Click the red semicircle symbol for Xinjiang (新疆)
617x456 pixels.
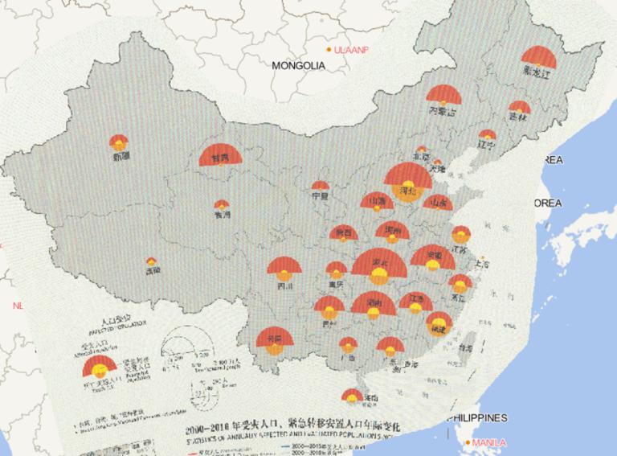119,142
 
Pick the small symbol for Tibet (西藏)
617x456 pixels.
151,261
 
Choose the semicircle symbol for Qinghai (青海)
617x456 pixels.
221,206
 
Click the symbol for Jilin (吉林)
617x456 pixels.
520,108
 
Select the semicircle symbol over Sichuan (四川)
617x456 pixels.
284,269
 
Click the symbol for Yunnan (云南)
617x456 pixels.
275,341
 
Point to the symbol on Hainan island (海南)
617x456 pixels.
352,395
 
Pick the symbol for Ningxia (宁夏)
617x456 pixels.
321,186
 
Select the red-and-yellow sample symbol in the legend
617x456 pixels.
100,368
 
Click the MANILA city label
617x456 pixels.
489,442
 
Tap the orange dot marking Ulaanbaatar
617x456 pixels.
329,50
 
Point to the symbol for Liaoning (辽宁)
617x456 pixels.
487,136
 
